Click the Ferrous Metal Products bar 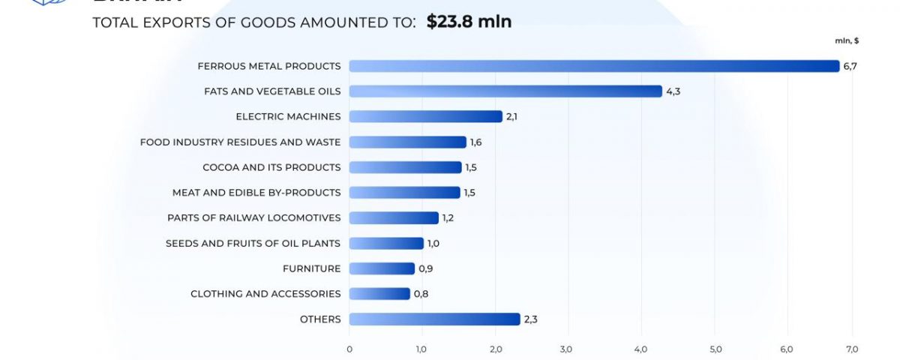click(594, 66)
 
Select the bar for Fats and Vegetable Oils click(505, 91)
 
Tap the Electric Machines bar click(425, 116)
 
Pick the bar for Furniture click(382, 268)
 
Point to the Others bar click(434, 319)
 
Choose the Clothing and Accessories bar click(379, 294)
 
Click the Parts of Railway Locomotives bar click(394, 217)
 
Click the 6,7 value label click(850, 66)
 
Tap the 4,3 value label click(673, 91)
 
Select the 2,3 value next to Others click(530, 319)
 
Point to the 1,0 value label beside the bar click(434, 243)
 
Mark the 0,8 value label click(421, 294)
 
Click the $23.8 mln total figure click(469, 22)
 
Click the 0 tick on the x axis click(349, 349)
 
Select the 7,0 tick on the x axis click(852, 349)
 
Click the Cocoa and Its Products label click(271, 167)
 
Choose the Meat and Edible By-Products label click(256, 193)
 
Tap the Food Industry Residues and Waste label click(240, 142)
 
